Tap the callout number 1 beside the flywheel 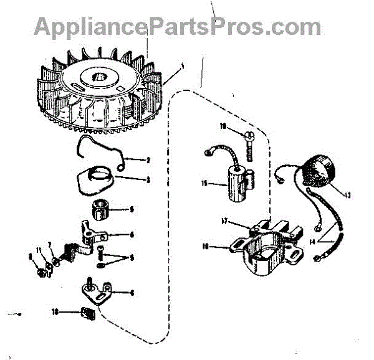[183, 67]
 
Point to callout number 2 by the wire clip [148, 160]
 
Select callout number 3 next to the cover [148, 180]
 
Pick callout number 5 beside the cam [131, 209]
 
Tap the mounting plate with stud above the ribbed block [100, 290]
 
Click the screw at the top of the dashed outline [246, 142]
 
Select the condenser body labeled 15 [239, 183]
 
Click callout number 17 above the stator [225, 220]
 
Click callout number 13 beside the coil [347, 195]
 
